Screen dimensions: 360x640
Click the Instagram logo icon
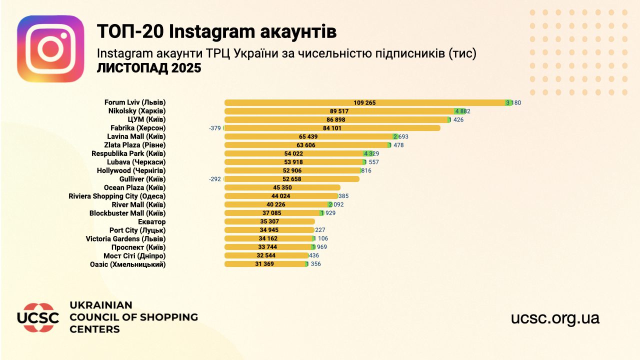point(50,48)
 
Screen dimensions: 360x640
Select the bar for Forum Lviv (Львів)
point(364,102)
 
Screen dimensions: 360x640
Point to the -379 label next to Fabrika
point(215,128)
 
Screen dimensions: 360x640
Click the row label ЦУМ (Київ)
point(147,119)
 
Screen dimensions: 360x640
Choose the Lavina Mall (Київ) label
point(136,136)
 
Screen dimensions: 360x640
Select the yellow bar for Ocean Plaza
point(280,187)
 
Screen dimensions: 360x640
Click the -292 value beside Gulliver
point(215,179)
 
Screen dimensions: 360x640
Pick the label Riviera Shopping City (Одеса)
point(117,196)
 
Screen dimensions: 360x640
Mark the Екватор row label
point(151,221)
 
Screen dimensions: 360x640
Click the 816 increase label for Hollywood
point(366,170)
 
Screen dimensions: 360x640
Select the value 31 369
point(264,264)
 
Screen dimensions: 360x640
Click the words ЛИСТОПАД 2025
point(149,68)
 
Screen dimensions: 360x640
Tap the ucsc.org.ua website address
point(555,318)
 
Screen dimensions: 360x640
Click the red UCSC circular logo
point(38,317)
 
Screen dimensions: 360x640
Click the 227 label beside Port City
point(320,230)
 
